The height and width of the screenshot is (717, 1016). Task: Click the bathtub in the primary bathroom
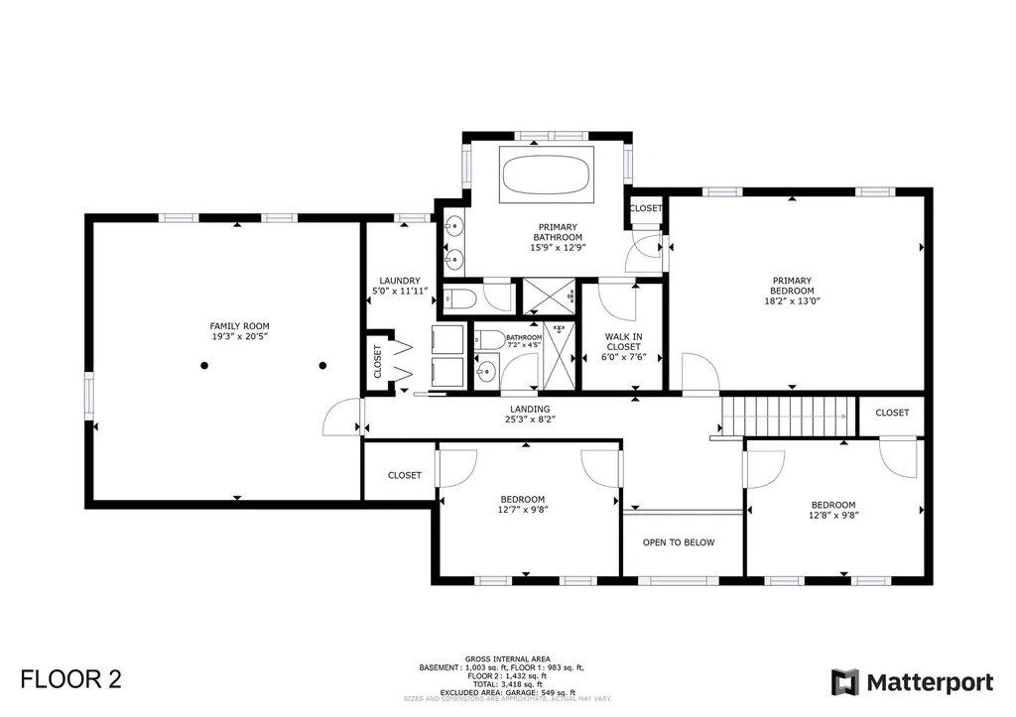coord(545,177)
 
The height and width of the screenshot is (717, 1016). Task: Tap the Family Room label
coord(239,326)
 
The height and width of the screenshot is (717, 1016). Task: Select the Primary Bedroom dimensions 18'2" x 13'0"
coord(792,300)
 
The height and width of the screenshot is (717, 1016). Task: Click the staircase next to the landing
coord(787,415)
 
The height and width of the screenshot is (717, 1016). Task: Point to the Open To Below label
coord(679,542)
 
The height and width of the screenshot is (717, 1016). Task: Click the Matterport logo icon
coord(844,682)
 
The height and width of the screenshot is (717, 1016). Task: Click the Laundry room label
coord(400,281)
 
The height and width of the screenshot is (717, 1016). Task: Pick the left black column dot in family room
coord(204,366)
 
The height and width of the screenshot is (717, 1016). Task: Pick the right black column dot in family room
coord(322,366)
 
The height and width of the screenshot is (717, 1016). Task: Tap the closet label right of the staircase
coord(892,413)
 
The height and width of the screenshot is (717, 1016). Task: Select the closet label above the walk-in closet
coord(646,208)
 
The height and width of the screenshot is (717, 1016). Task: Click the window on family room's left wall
coord(88,392)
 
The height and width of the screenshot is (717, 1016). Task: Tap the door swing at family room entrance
coord(342,417)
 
